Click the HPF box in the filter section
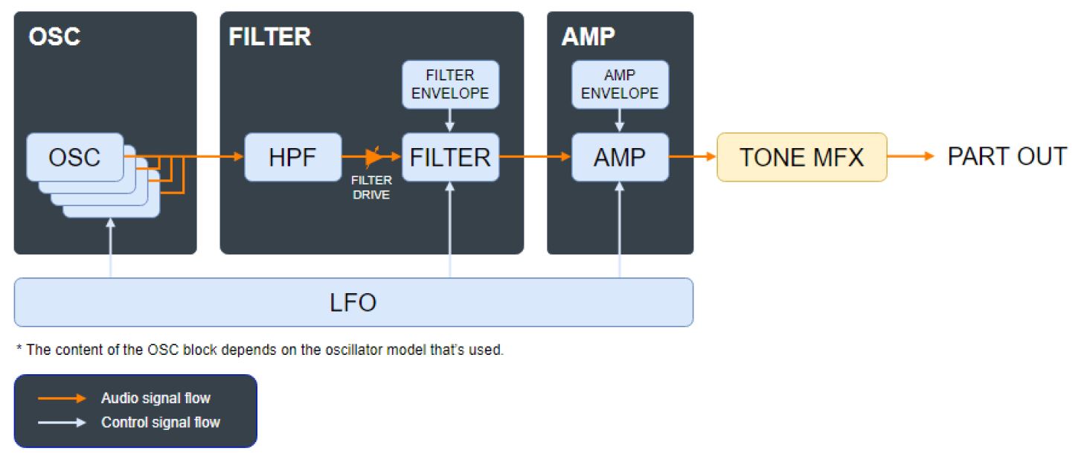[292, 157]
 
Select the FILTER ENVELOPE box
[450, 84]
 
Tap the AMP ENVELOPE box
[620, 84]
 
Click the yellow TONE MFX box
[801, 157]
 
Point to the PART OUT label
[1006, 157]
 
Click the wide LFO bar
[353, 302]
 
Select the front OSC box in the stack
[75, 157]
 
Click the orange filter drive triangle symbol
[373, 157]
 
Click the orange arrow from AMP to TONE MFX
[692, 157]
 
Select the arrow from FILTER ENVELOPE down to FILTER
[450, 120]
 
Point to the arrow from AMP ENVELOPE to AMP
[620, 120]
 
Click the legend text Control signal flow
[161, 423]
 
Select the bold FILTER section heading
[269, 37]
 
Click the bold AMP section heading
[588, 37]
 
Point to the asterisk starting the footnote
[19, 349]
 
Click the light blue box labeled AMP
[620, 157]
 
